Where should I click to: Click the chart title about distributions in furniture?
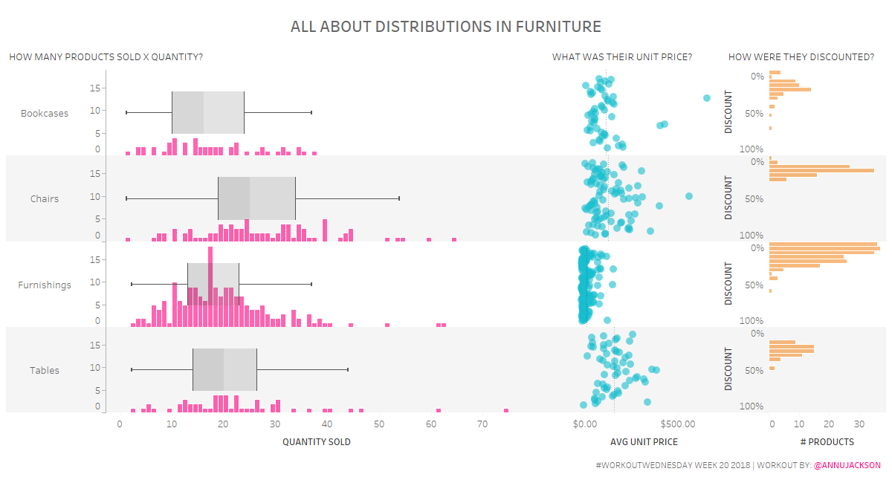click(x=445, y=27)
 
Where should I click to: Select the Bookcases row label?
click(x=45, y=114)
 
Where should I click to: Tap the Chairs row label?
click(x=45, y=199)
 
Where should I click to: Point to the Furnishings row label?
click(x=45, y=285)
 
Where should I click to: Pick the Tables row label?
click(x=45, y=371)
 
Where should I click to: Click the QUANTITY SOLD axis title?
click(x=316, y=442)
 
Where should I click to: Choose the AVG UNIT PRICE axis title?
click(x=644, y=442)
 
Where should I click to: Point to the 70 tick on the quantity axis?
click(x=482, y=424)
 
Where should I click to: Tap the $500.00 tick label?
click(x=677, y=424)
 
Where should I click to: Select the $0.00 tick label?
click(x=585, y=424)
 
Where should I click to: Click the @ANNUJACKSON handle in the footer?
click(x=847, y=466)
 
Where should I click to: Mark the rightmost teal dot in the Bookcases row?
click(x=706, y=98)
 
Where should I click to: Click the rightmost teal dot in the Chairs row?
click(x=689, y=196)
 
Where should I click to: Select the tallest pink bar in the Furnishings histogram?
click(x=211, y=286)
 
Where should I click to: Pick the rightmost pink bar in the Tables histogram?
click(x=506, y=410)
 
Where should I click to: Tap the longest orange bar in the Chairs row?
click(x=822, y=171)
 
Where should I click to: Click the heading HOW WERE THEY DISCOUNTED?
click(x=801, y=57)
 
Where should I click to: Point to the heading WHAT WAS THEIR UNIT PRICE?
click(x=622, y=57)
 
